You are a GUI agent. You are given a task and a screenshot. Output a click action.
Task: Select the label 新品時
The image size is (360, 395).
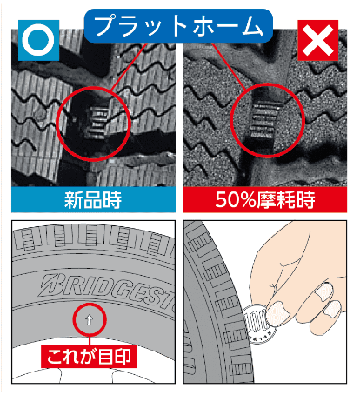tap(92, 200)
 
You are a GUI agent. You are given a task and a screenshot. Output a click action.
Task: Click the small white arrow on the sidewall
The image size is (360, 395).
tap(90, 320)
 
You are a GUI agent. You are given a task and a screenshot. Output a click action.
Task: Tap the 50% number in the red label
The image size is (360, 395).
tap(229, 200)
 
